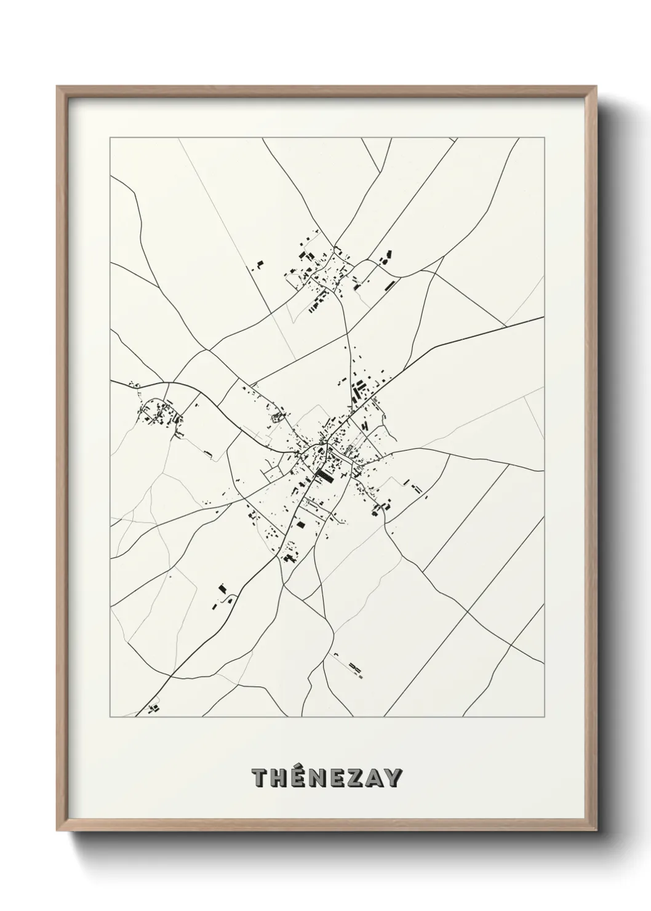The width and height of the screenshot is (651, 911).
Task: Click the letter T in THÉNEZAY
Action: [260, 779]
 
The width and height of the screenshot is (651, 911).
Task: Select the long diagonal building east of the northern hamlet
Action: [390, 284]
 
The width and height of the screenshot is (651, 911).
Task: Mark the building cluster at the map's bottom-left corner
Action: [151, 708]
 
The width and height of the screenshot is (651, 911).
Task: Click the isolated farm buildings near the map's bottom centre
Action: [354, 666]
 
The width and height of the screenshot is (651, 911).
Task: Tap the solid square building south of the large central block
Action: [301, 524]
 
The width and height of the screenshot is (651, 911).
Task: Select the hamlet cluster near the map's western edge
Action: [160, 415]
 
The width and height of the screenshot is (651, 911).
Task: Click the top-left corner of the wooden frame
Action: [57, 87]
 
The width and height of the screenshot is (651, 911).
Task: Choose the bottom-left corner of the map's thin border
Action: [110, 717]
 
